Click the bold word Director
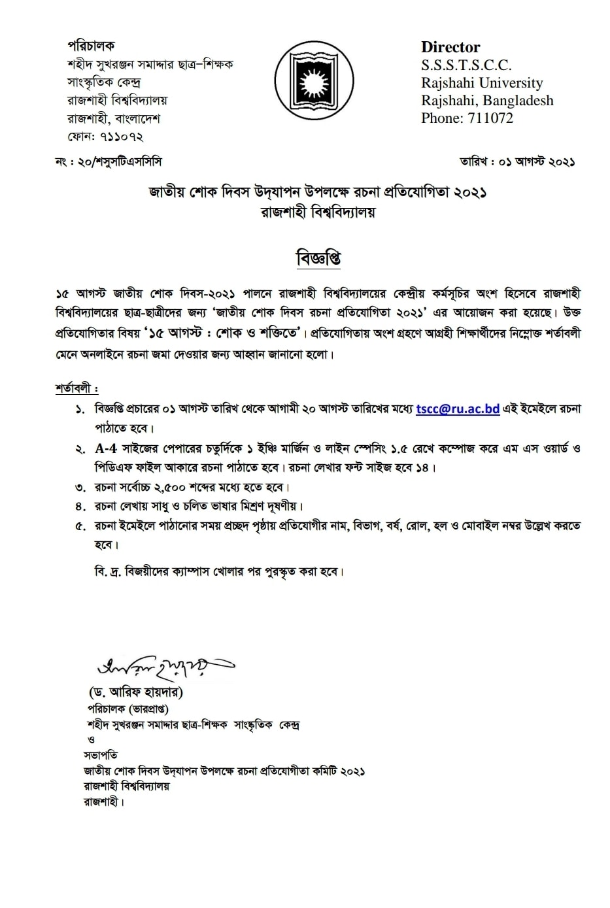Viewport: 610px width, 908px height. [x=450, y=47]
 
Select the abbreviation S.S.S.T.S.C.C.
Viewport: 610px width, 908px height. [x=466, y=65]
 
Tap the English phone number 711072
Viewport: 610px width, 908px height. [x=488, y=118]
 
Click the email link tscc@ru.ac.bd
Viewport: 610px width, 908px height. [x=458, y=409]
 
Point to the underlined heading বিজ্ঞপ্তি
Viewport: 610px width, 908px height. [x=318, y=259]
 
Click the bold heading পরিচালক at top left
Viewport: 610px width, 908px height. [x=91, y=46]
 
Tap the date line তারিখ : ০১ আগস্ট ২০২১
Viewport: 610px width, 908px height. [x=517, y=161]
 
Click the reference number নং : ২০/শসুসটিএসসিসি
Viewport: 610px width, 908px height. [x=109, y=161]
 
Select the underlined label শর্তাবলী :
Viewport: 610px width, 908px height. [x=76, y=388]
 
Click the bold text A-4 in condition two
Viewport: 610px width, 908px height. [x=105, y=448]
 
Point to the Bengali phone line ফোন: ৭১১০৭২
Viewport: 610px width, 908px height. [x=105, y=137]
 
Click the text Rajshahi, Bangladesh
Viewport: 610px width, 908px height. [x=487, y=101]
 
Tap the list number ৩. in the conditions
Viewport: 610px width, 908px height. [x=80, y=488]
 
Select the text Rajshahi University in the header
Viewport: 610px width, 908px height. [x=482, y=83]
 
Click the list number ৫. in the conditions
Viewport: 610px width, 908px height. [x=80, y=526]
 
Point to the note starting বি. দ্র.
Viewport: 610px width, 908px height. [x=219, y=571]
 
